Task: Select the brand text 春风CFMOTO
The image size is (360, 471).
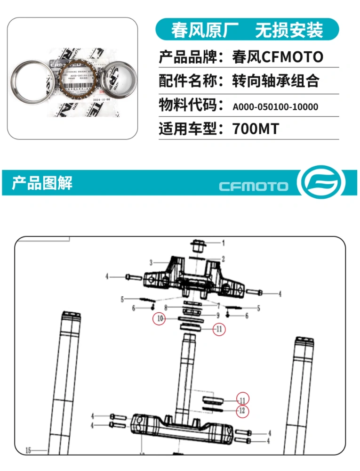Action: tap(278, 57)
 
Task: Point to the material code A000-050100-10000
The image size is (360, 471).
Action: tap(275, 107)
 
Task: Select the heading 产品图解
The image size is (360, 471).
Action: tap(42, 182)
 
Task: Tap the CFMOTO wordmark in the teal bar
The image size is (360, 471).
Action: tap(254, 186)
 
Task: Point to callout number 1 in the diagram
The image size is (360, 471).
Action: tap(223, 243)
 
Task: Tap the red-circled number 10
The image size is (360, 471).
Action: tap(160, 319)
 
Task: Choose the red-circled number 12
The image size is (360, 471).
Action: tap(242, 411)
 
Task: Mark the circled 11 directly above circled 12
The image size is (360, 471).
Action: tap(242, 400)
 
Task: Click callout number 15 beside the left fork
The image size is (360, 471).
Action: tap(28, 451)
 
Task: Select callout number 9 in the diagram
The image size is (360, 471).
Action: tap(218, 315)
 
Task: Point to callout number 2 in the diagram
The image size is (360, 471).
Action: tap(223, 259)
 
